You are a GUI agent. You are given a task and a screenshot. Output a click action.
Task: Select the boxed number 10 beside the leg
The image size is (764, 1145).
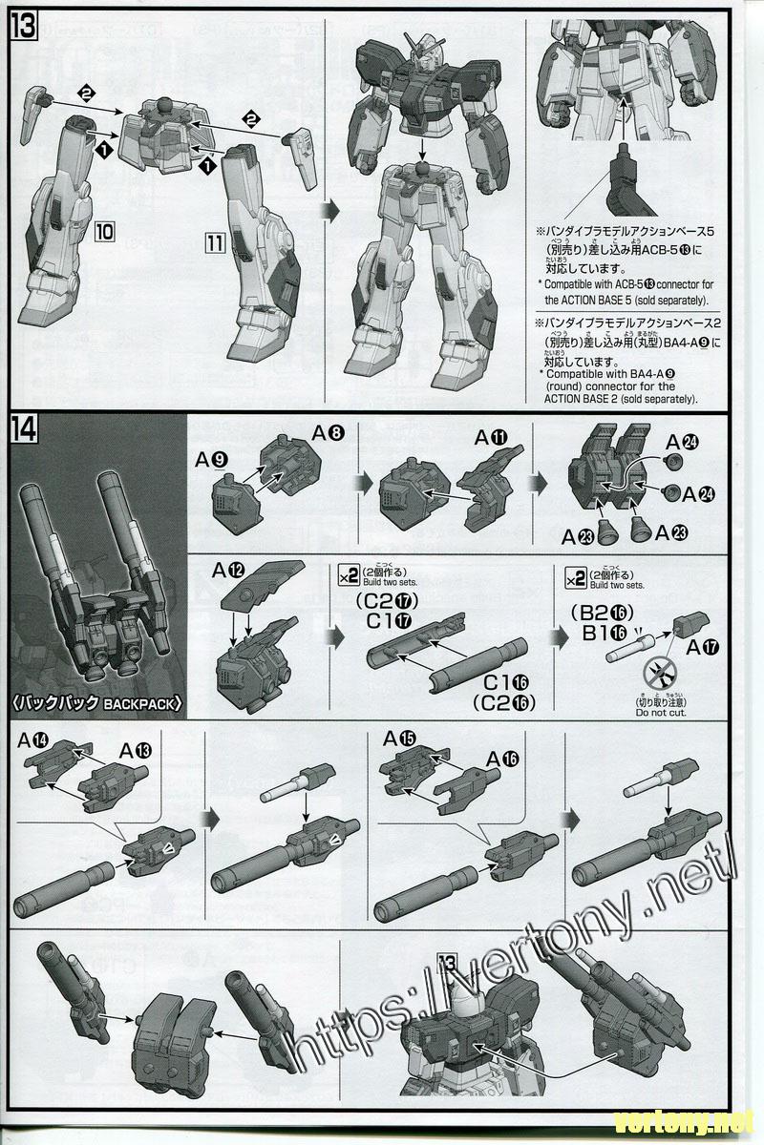point(105,232)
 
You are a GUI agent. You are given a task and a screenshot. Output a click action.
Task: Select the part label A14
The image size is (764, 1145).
point(41,739)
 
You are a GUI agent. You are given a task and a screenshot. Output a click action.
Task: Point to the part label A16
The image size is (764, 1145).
point(503,759)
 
